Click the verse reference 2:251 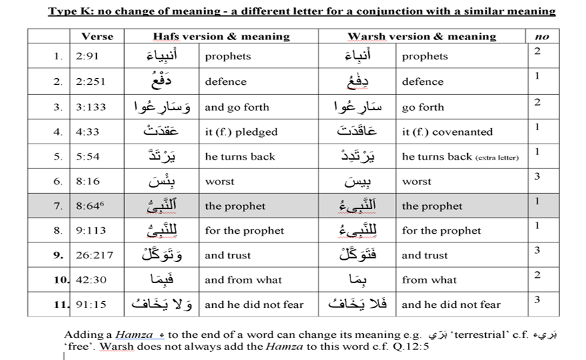click(x=90, y=81)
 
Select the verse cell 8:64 click(x=89, y=206)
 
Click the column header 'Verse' click(x=97, y=37)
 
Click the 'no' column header click(x=542, y=37)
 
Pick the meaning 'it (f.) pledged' click(x=241, y=132)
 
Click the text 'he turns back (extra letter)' click(x=460, y=157)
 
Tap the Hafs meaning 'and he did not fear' click(x=254, y=305)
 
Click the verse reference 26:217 click(x=95, y=255)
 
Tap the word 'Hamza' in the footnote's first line click(x=129, y=335)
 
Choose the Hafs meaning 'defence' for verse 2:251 click(x=226, y=81)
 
